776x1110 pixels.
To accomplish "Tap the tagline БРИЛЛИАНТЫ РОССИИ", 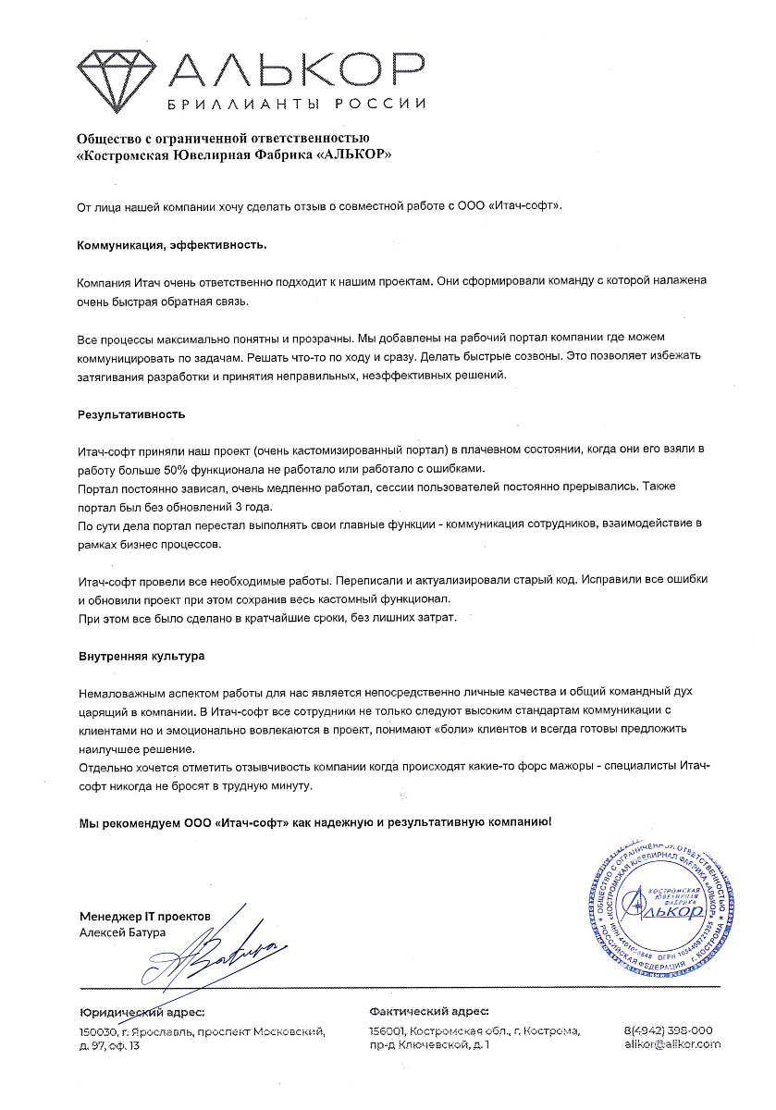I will [x=295, y=104].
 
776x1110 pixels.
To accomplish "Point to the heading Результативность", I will [x=131, y=414].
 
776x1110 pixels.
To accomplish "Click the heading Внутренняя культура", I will [x=142, y=656].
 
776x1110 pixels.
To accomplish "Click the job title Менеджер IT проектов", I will [x=145, y=916].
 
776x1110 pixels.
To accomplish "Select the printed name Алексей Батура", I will [x=123, y=932].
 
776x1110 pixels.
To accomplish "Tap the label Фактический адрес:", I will [x=428, y=1013].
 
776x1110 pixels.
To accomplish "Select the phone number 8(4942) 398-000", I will [x=670, y=1030].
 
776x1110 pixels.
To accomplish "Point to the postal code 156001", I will [x=388, y=1030].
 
